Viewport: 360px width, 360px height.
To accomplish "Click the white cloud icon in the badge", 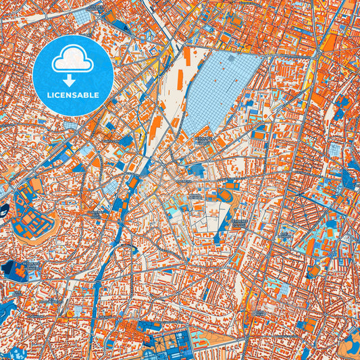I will tap(74, 59).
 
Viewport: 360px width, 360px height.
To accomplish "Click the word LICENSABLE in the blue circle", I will tap(74, 95).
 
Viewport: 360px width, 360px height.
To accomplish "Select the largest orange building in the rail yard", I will tap(156, 128).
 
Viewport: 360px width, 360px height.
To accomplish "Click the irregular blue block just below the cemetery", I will tap(197, 169).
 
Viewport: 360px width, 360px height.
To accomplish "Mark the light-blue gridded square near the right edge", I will tap(336, 150).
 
